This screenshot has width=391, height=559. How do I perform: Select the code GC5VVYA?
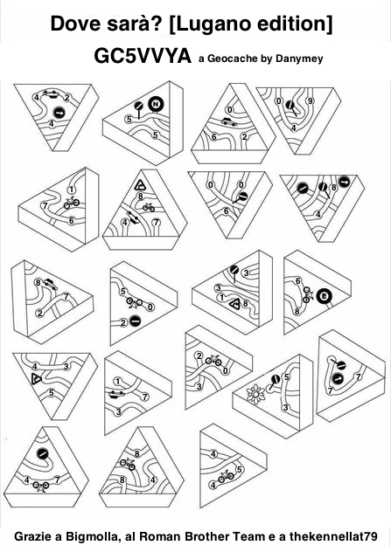click(x=143, y=56)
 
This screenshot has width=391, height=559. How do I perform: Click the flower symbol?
click(x=255, y=394)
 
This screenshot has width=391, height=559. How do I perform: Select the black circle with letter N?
click(x=156, y=105)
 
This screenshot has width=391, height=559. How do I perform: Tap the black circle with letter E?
click(x=325, y=296)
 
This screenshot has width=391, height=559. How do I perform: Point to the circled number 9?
click(x=310, y=101)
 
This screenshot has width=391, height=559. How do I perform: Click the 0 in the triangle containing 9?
click(x=279, y=101)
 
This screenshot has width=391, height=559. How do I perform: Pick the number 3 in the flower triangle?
click(x=286, y=408)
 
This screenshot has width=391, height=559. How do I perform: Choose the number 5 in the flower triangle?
click(x=286, y=377)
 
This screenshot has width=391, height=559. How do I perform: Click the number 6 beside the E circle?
click(x=298, y=281)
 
